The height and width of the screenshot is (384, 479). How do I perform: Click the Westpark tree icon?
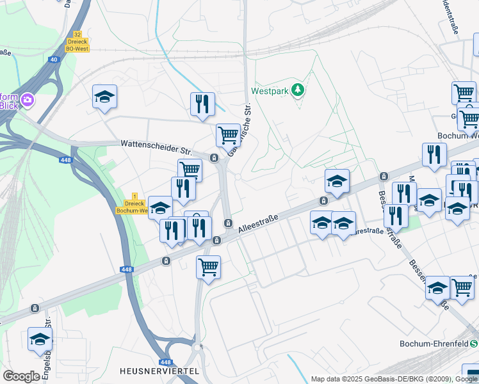297,90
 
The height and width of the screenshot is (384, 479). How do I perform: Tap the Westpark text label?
268,91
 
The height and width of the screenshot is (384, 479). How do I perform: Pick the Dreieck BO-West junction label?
77,45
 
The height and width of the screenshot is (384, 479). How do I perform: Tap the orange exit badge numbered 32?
77,35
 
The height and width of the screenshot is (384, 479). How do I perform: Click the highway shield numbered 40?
54,60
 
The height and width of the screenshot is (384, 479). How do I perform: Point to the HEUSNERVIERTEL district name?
159,371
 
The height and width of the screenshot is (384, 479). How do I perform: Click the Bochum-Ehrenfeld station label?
434,344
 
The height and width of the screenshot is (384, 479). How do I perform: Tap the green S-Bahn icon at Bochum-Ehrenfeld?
474,344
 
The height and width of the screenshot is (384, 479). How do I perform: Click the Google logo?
21,376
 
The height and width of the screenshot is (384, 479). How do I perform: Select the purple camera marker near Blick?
28,100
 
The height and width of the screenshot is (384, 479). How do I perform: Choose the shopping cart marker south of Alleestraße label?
208,266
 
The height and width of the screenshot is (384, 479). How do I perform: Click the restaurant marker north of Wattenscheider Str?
202,103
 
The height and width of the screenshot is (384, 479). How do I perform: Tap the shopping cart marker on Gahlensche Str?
227,135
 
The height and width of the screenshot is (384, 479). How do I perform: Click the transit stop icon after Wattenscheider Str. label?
214,157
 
